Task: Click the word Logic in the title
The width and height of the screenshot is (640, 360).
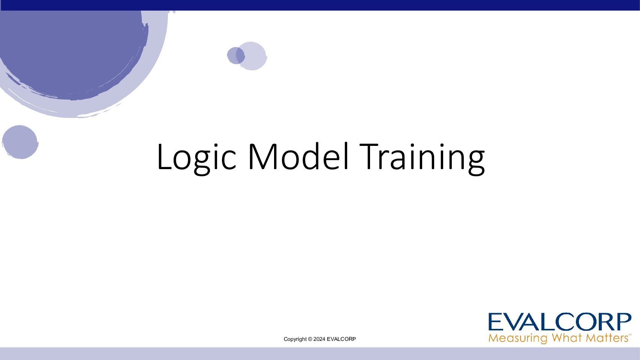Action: click(196, 158)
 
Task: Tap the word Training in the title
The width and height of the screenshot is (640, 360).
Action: click(422, 159)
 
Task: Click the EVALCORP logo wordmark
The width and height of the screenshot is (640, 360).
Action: click(560, 322)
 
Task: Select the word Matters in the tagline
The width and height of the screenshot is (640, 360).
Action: click(607, 338)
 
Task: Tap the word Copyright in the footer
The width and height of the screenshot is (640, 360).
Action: click(295, 339)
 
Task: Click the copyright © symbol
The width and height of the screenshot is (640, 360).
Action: click(310, 339)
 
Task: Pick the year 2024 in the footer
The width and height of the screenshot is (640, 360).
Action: click(319, 339)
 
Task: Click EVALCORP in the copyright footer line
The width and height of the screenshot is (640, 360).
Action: click(341, 339)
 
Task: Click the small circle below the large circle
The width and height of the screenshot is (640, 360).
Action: click(20, 142)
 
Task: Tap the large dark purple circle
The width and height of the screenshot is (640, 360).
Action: click(72, 51)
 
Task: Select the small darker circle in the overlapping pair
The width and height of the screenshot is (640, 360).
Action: click(236, 55)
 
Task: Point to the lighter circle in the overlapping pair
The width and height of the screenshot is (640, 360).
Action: click(253, 56)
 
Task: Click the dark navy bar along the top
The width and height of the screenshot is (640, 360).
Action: click(320, 5)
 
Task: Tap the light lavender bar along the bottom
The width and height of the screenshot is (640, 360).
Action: click(320, 354)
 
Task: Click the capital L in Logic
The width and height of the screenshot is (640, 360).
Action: click(164, 157)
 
